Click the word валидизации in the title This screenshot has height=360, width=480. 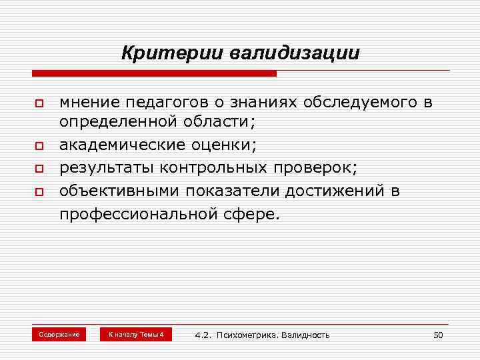295,53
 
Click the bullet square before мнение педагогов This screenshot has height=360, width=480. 39,105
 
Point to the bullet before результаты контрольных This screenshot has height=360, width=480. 39,168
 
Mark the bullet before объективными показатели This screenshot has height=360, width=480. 39,192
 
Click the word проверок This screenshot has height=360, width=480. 322,167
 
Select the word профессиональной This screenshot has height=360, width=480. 134,215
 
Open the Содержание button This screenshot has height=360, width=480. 59,334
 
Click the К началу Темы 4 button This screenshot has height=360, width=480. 135,334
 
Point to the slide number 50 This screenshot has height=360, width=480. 438,335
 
